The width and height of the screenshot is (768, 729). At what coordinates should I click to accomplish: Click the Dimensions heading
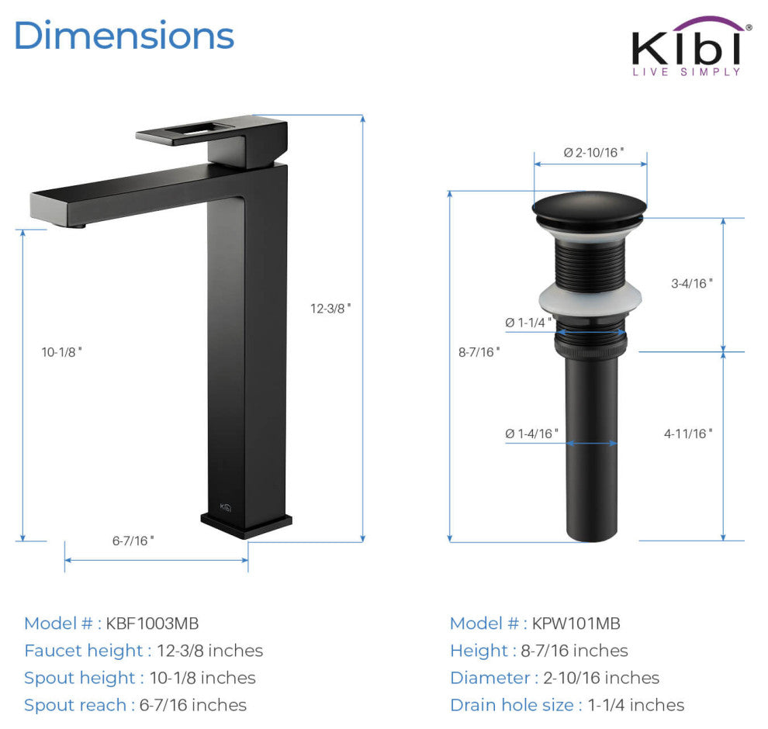[x=124, y=35]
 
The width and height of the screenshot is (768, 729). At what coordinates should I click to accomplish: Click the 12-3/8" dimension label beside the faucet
[x=330, y=309]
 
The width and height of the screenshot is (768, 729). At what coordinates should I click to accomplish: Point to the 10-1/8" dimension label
[x=62, y=352]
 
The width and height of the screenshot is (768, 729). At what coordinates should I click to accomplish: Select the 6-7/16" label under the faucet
[x=133, y=541]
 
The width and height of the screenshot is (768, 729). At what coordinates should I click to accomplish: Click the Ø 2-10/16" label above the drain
[x=593, y=152]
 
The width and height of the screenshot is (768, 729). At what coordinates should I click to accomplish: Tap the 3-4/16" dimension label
[x=692, y=283]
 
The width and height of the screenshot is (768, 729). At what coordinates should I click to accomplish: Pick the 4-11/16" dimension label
[x=688, y=434]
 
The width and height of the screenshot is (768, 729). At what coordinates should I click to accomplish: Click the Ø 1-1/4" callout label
[x=528, y=322]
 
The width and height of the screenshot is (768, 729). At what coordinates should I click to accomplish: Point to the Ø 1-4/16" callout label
[x=531, y=434]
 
